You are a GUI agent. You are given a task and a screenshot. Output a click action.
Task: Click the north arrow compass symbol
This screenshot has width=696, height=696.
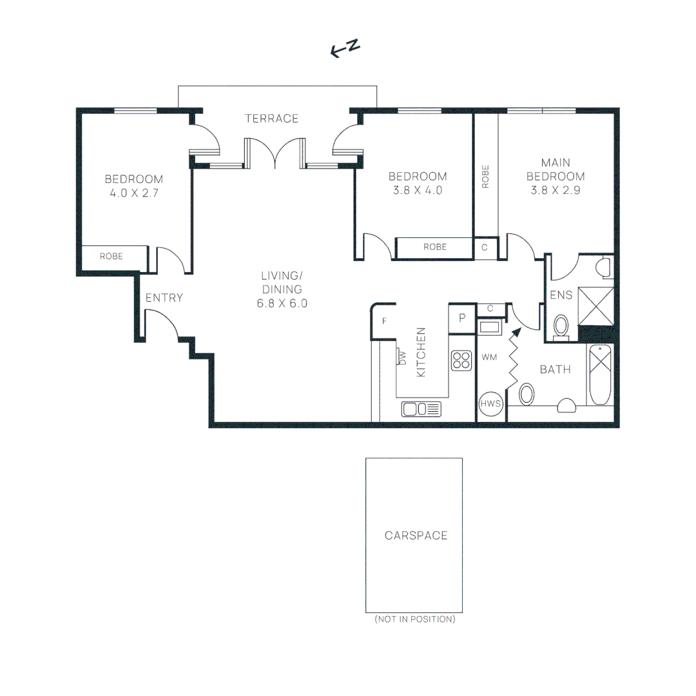tap(345, 48)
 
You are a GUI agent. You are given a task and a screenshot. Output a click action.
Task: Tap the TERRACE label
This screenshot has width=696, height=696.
tap(272, 119)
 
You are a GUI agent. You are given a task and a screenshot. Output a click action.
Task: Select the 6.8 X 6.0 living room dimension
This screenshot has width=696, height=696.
tap(282, 304)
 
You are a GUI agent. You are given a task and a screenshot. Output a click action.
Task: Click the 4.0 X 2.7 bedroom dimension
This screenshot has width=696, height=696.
tap(134, 193)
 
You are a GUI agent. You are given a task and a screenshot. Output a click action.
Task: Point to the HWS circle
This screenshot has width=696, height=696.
tap(490, 403)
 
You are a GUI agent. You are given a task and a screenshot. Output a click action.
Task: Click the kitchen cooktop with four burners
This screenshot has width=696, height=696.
tap(461, 360)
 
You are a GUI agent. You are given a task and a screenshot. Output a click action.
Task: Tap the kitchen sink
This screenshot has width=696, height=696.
tap(421, 409)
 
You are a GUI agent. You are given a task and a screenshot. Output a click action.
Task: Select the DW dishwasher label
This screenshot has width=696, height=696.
tap(403, 358)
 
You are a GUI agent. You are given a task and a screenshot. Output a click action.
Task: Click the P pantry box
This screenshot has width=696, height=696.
tap(462, 318)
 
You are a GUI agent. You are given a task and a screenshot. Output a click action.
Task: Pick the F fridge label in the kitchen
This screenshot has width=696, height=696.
tap(384, 320)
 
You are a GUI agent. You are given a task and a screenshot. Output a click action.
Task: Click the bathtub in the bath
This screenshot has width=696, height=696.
tap(600, 374)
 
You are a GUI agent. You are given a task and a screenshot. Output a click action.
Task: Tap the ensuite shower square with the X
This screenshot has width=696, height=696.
tap(596, 306)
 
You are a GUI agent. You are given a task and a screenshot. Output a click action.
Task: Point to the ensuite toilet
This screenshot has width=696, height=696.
tap(561, 327)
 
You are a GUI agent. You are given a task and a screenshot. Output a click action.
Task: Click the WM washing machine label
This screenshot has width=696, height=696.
tap(489, 357)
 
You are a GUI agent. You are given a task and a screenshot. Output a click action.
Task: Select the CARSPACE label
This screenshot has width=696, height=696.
tap(416, 536)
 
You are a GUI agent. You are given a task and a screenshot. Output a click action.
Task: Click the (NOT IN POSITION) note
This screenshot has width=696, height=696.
tap(415, 619)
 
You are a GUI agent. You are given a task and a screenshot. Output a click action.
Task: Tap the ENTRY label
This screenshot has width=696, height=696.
tap(164, 298)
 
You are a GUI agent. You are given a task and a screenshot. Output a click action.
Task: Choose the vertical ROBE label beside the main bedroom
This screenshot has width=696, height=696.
tap(486, 177)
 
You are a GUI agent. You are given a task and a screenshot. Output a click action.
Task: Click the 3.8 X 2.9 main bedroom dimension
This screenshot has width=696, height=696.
tap(556, 190)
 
